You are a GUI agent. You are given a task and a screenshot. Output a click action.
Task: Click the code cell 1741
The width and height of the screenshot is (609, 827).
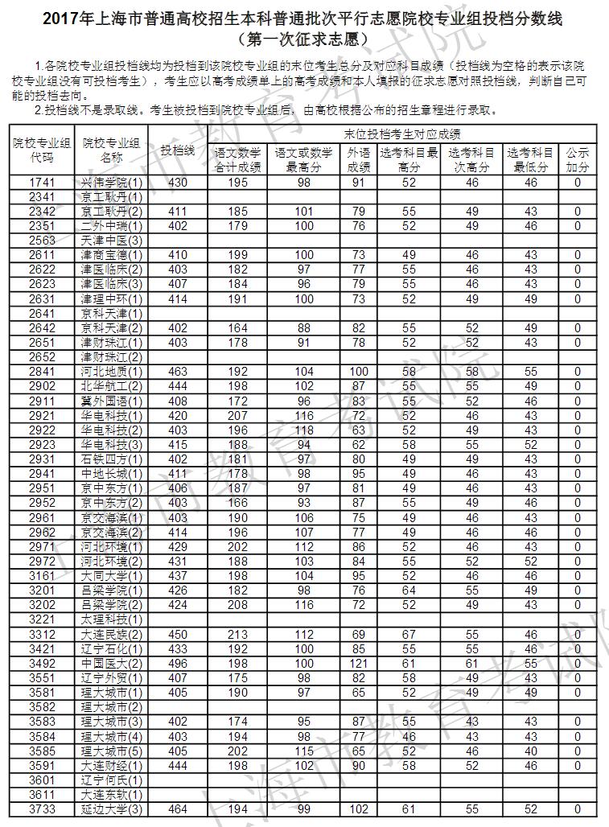(x=41, y=183)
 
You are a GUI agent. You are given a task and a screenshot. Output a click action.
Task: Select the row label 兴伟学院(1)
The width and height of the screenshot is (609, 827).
(x=112, y=183)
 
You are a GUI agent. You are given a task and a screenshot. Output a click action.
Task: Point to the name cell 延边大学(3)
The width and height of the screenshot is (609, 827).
(x=112, y=808)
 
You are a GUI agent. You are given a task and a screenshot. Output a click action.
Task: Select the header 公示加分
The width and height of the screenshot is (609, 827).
(x=577, y=159)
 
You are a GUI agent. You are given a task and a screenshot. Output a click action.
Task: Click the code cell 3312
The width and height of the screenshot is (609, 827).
(x=41, y=635)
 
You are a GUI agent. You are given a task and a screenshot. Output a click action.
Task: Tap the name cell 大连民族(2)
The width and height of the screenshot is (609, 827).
(x=112, y=635)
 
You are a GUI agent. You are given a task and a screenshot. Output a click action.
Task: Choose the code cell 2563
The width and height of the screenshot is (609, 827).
(x=41, y=240)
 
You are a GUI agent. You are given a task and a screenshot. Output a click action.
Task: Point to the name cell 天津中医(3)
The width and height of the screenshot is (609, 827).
(x=112, y=240)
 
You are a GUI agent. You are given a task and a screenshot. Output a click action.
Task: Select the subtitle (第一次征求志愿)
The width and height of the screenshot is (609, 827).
(x=304, y=38)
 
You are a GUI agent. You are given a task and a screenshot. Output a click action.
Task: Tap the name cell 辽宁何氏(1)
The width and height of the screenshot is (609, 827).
(x=112, y=780)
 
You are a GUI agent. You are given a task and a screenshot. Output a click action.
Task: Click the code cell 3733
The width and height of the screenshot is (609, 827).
(x=41, y=808)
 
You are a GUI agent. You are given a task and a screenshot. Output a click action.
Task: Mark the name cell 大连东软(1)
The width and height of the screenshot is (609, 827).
(x=112, y=793)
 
